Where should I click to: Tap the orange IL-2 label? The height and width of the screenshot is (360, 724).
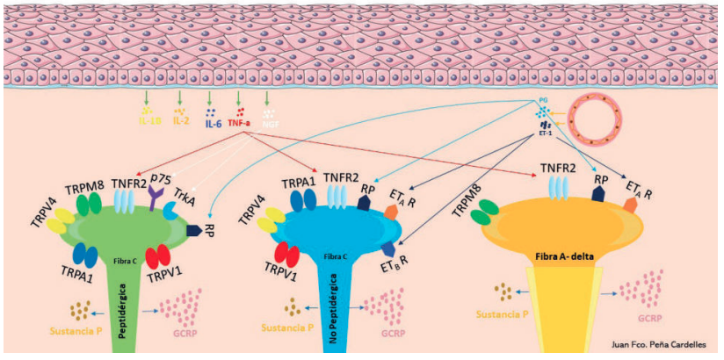180,120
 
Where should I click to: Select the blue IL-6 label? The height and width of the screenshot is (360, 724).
212,124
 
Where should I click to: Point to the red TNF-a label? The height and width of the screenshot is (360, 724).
239,124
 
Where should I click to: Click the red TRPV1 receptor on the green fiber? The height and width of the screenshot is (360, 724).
158,257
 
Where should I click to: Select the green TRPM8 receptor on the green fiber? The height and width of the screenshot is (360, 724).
88,203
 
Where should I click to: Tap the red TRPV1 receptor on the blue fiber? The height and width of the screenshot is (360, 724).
288,254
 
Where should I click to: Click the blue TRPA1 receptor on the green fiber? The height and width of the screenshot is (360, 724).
85,255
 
